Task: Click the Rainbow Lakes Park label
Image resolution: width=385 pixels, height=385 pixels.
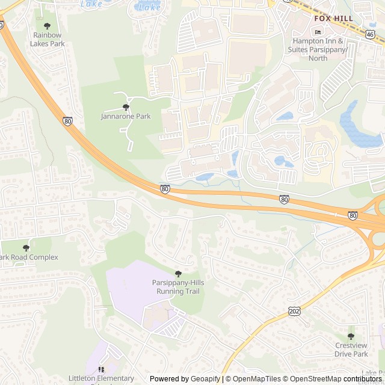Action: pyautogui.click(x=48, y=39)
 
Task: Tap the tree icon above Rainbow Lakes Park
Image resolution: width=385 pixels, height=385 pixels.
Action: pyautogui.click(x=48, y=26)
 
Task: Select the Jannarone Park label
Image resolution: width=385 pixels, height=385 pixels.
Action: pyautogui.click(x=126, y=116)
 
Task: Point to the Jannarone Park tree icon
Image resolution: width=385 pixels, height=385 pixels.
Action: pyautogui.click(x=126, y=107)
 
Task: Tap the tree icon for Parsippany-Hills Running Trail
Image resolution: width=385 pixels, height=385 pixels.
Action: pyautogui.click(x=177, y=274)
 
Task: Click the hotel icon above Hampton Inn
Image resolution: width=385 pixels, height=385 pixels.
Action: pyautogui.click(x=318, y=31)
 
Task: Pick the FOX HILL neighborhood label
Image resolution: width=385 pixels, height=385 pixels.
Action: pyautogui.click(x=333, y=19)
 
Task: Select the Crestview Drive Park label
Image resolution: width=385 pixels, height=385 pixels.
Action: pyautogui.click(x=351, y=350)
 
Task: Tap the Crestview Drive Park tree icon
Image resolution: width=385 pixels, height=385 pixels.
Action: pyautogui.click(x=351, y=336)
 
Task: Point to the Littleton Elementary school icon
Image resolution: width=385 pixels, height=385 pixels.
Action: pyautogui.click(x=101, y=369)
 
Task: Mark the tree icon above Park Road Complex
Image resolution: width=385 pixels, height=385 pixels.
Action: pyautogui.click(x=26, y=247)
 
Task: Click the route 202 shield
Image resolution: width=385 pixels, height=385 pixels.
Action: pyautogui.click(x=294, y=310)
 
